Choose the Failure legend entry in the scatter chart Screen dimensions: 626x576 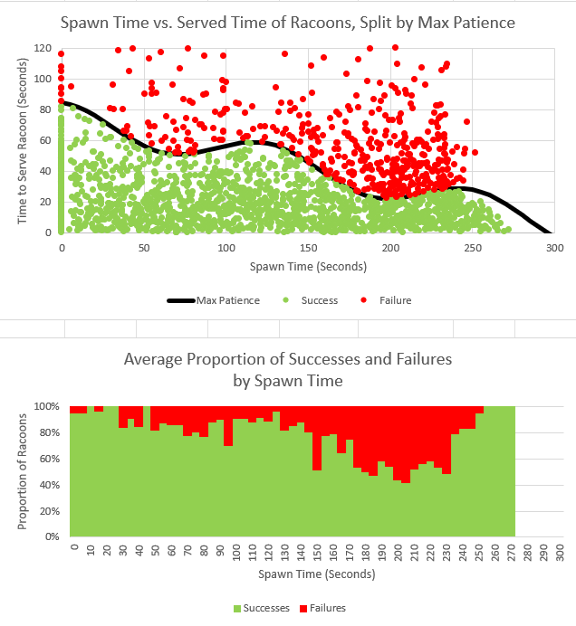[x=392, y=299]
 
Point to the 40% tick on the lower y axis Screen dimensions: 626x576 [x=52, y=485]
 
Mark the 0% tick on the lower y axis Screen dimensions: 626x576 [x=54, y=536]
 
